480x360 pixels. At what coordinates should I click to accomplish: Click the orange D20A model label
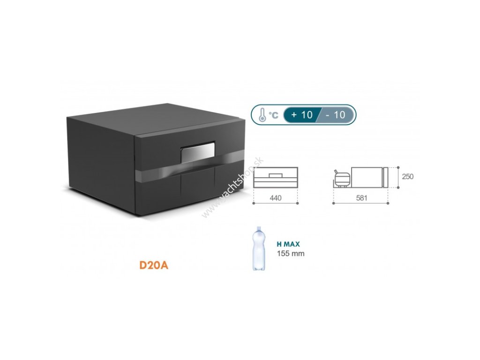pyautogui.click(x=154, y=265)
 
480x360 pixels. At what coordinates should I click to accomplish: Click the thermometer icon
pyautogui.click(x=262, y=115)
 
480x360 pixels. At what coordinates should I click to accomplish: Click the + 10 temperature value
pyautogui.click(x=301, y=115)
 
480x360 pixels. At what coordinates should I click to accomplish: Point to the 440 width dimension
pyautogui.click(x=276, y=198)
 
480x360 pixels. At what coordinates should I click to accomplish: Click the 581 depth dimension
pyautogui.click(x=361, y=198)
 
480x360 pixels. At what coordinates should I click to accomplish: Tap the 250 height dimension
pyautogui.click(x=408, y=177)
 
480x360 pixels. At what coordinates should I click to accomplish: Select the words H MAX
pyautogui.click(x=288, y=244)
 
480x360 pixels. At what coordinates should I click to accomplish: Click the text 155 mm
pyautogui.click(x=291, y=254)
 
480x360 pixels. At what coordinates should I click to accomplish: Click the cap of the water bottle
pyautogui.click(x=257, y=229)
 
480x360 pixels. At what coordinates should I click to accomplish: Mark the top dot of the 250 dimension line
pyautogui.click(x=397, y=166)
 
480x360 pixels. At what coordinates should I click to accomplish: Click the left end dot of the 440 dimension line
pyautogui.click(x=254, y=203)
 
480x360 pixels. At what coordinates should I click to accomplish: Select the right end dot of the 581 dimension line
pyautogui.click(x=389, y=203)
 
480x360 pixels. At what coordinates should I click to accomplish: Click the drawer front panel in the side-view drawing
pyautogui.click(x=386, y=177)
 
